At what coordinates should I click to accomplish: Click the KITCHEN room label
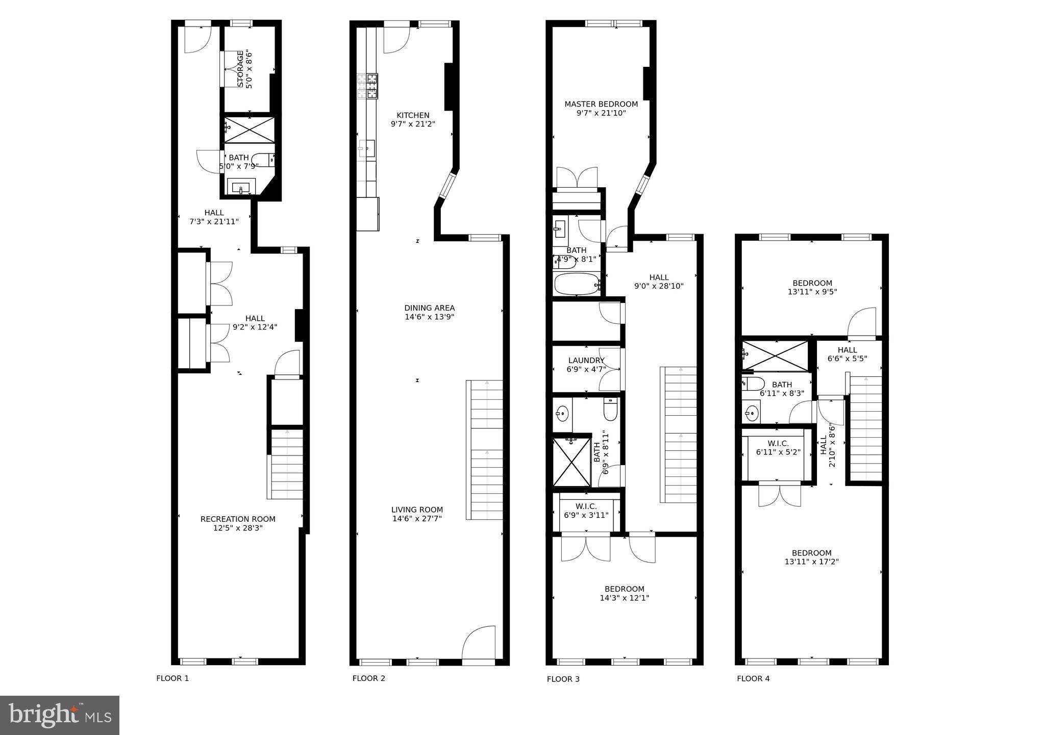tap(413, 115)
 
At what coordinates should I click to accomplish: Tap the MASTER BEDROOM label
tap(601, 104)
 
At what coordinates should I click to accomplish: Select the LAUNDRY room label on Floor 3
tap(586, 361)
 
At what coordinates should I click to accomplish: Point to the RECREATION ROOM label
tap(238, 519)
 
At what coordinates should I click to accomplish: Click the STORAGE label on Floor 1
tap(240, 69)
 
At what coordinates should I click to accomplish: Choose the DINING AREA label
tap(429, 308)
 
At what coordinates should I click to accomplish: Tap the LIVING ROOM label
tap(417, 510)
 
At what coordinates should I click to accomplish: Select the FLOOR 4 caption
tap(753, 678)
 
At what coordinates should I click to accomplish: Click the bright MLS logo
tap(60, 715)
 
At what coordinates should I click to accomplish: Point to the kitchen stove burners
tap(368, 86)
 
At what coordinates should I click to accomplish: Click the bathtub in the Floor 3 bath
tap(577, 284)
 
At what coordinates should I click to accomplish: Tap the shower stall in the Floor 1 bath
tap(250, 130)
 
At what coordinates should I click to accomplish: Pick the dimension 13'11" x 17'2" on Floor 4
tap(811, 562)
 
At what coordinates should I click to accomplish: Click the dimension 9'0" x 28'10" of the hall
tap(659, 286)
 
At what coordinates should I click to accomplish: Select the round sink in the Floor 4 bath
tap(751, 412)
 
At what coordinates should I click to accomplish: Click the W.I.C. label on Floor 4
tap(778, 444)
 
